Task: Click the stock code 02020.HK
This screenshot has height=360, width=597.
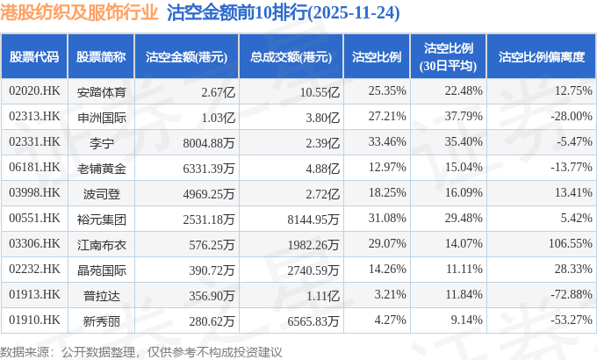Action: click(34, 90)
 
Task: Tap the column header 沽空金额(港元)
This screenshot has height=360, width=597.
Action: click(186, 56)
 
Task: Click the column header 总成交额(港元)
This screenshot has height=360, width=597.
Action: click(290, 56)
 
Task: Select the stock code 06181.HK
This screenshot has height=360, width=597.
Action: click(34, 167)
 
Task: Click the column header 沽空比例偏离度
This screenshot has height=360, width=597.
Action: click(541, 56)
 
